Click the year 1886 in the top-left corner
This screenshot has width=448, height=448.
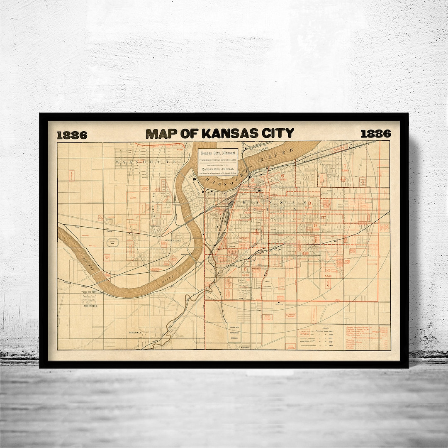[x=72, y=135]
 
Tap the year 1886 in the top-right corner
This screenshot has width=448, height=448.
[x=375, y=134]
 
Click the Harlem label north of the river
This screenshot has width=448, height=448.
[x=262, y=147]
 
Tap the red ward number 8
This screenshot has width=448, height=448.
[x=309, y=203]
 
